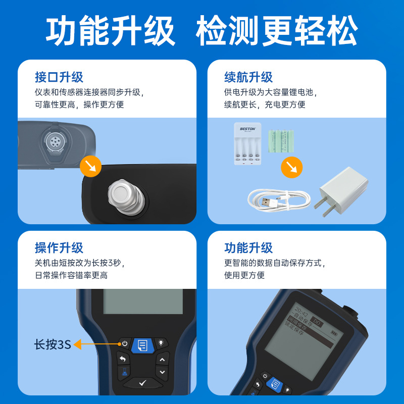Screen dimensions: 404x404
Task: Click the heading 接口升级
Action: (59, 77)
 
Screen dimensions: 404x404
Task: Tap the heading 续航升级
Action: (248, 77)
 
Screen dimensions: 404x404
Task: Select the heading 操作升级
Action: (59, 248)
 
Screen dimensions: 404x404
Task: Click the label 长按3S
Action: (53, 345)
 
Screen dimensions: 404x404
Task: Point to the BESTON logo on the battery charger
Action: (247, 129)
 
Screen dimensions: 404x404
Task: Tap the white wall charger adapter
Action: (341, 191)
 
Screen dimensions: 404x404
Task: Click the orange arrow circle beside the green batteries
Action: (291, 167)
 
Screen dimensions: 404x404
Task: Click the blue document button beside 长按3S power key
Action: (143, 345)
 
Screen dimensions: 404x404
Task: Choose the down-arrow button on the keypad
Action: (162, 372)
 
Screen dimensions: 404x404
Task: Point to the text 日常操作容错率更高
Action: (71, 275)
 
